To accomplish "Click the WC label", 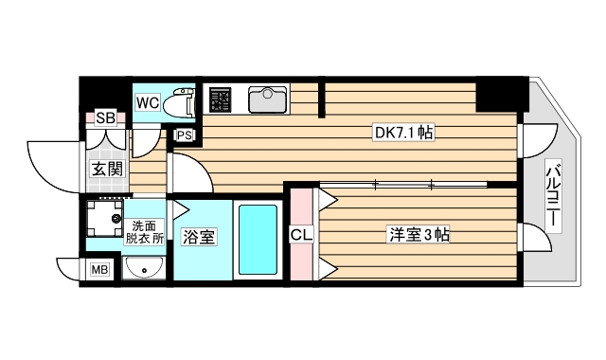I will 147,101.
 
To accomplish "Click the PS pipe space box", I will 185,135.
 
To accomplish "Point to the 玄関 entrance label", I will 106,170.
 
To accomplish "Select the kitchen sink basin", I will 268,99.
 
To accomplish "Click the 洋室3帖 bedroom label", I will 418,233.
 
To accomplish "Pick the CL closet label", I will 300,234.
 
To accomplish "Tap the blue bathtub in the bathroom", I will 258,241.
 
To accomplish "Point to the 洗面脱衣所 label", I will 144,232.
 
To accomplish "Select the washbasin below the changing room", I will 144,270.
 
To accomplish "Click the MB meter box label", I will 99,271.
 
